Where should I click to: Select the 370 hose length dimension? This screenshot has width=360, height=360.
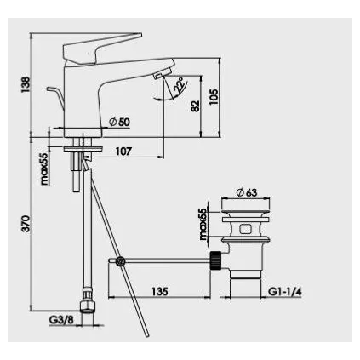[25, 224]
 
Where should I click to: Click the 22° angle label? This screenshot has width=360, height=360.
[180, 87]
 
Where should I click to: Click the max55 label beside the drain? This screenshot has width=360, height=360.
[203, 223]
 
